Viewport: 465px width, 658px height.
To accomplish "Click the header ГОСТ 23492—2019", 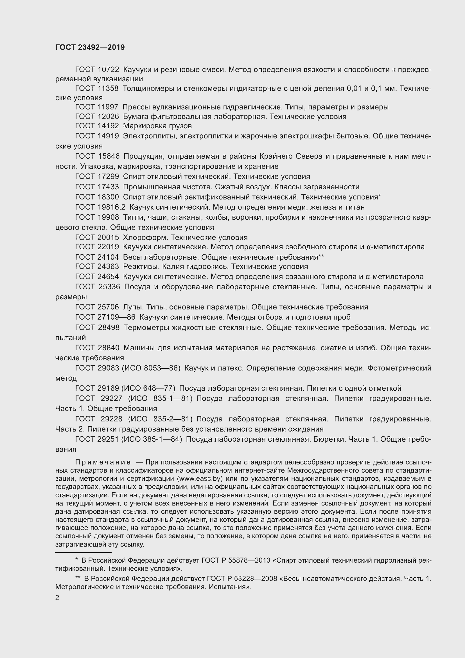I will [x=90, y=48].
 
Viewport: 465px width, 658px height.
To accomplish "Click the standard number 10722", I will [x=108, y=70].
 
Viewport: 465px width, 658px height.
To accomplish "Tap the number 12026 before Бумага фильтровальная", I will [x=108, y=117].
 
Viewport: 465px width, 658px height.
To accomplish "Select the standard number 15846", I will [x=109, y=156].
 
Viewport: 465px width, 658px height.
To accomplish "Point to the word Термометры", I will [x=146, y=327].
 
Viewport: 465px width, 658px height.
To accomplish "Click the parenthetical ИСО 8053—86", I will [x=151, y=368].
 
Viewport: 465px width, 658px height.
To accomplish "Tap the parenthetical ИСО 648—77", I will [x=148, y=388].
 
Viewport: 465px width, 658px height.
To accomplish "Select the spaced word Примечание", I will [x=103, y=462].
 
